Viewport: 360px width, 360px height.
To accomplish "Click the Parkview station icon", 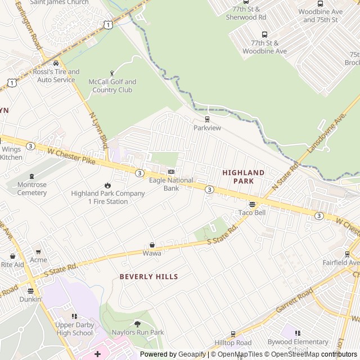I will click(x=207, y=119).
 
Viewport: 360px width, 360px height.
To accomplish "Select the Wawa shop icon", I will click(x=152, y=245).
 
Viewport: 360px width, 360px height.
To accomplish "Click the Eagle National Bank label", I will click(x=171, y=184).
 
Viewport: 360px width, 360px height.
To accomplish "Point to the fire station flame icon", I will click(x=107, y=185).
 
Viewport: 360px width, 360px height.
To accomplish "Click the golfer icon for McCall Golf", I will click(x=112, y=73).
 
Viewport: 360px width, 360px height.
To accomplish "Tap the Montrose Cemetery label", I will click(x=32, y=188).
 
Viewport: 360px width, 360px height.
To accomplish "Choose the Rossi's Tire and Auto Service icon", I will click(x=56, y=63).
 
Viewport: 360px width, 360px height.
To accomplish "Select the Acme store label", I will click(x=38, y=260).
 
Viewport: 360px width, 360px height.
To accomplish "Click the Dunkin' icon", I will click(x=30, y=291).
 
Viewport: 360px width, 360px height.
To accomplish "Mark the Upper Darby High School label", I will click(x=74, y=329).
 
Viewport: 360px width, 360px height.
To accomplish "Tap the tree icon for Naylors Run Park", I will click(x=137, y=323).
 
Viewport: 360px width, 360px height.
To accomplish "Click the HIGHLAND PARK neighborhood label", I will click(x=243, y=177).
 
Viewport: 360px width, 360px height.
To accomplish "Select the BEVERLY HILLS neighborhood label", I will click(x=148, y=277).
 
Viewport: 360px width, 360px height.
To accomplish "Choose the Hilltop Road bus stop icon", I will click(x=233, y=334).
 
